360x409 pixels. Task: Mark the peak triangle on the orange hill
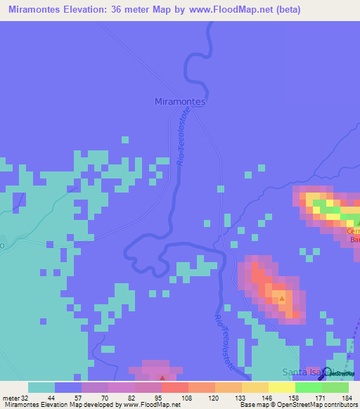(x=281, y=299)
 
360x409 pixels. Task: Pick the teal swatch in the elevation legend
(x=41, y=387)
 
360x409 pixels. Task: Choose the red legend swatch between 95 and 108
(x=175, y=387)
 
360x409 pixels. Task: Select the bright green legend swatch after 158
(x=308, y=387)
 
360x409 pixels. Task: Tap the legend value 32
(x=26, y=397)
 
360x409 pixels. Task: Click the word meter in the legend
(x=11, y=397)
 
